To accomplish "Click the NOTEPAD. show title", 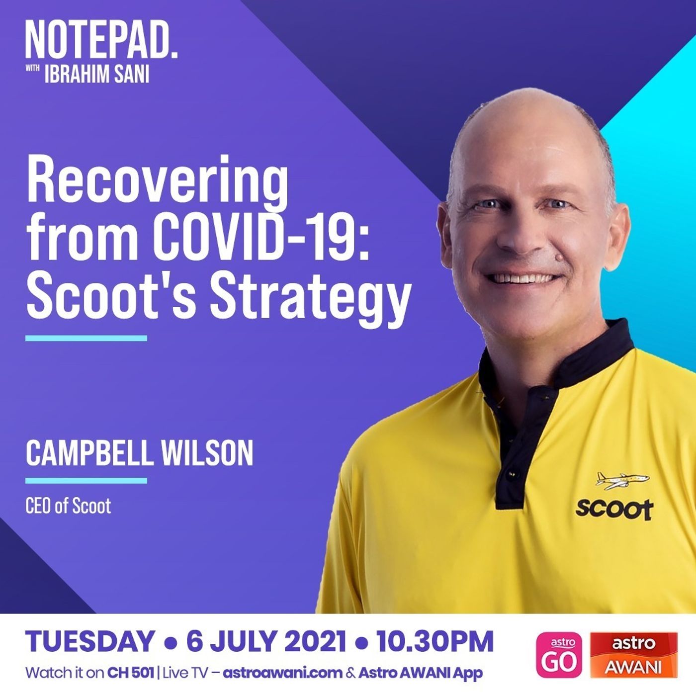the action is pos(101,40).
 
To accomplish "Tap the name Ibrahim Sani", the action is pos(97,75).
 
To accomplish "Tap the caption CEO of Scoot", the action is pos(68,506).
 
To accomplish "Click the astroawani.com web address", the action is pos(282,673).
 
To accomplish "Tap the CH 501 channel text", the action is pos(131,673).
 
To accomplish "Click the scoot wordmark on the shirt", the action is pos(614,509).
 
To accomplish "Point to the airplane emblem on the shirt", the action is pos(617,481).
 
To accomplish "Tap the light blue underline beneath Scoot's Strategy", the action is pos(87,338).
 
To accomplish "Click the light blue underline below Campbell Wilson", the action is pos(87,481).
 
